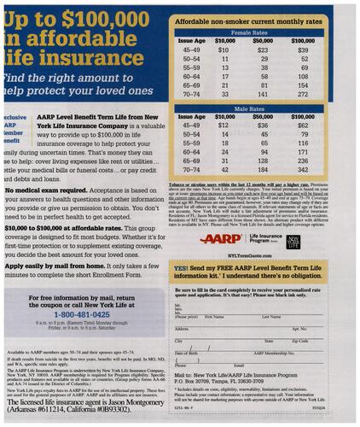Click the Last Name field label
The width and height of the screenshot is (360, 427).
[272, 316]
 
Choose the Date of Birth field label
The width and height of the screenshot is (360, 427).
[187, 353]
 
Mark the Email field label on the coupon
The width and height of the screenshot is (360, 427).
[178, 365]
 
